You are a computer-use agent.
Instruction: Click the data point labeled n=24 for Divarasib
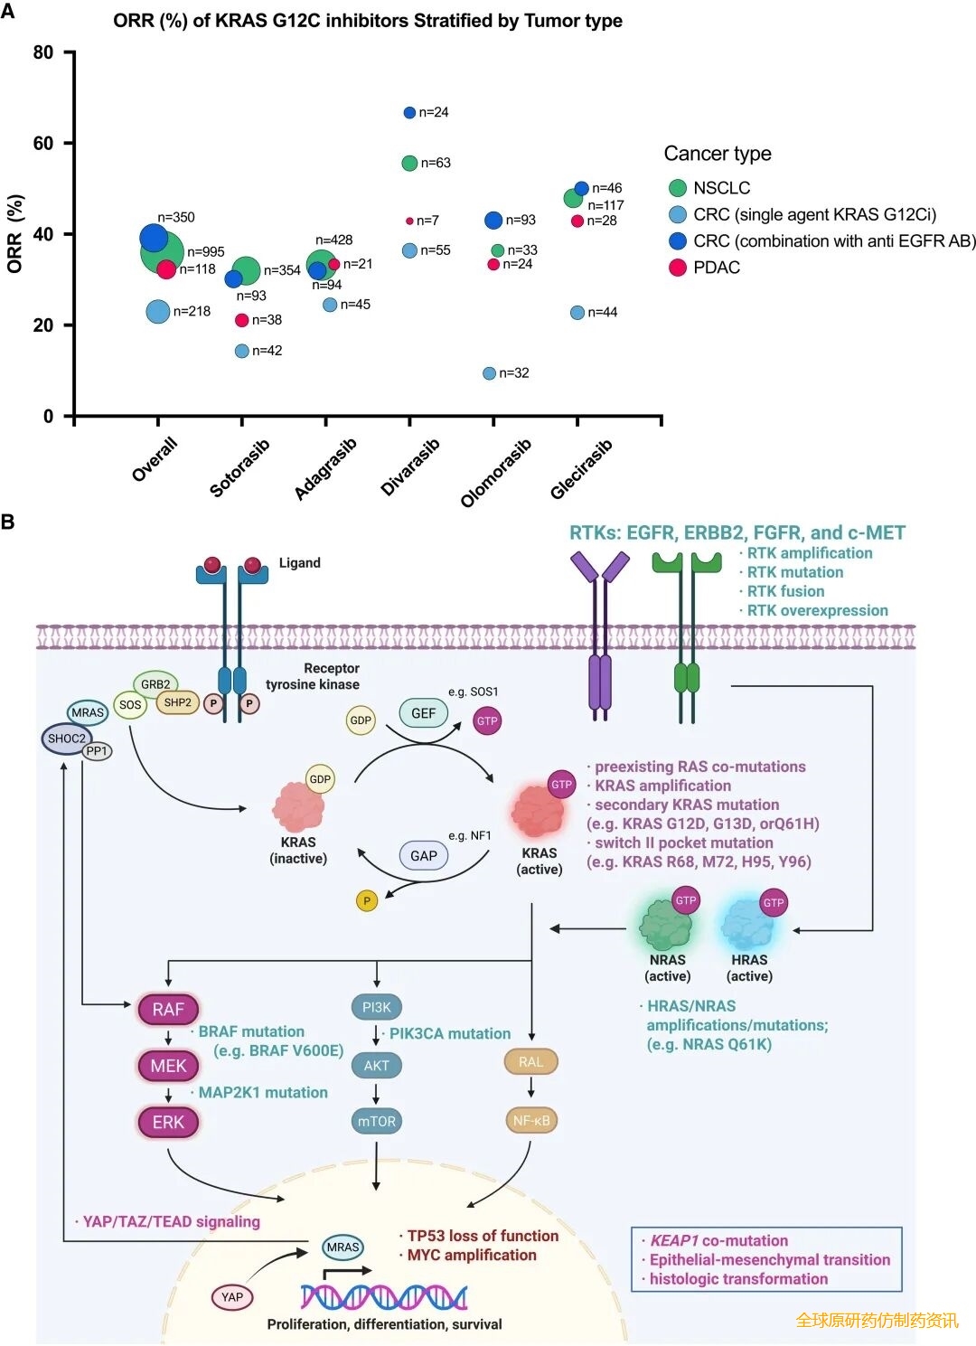(x=409, y=113)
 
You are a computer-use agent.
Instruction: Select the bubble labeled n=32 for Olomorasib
(x=489, y=373)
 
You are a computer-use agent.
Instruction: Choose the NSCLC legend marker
(x=678, y=188)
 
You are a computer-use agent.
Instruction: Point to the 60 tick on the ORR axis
(x=43, y=143)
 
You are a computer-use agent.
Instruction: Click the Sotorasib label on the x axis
(x=239, y=468)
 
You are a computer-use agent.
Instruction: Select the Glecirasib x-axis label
(x=581, y=469)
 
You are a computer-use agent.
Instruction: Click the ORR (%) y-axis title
(x=14, y=234)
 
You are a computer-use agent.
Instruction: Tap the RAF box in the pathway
(x=168, y=1010)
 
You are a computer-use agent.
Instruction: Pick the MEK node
(x=168, y=1066)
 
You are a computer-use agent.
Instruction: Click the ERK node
(x=168, y=1122)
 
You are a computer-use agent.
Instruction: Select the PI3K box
(x=376, y=1007)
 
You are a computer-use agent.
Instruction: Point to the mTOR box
(x=376, y=1121)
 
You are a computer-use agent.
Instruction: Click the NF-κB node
(x=531, y=1120)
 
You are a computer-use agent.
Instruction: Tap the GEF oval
(x=423, y=713)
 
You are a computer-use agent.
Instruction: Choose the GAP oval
(x=423, y=855)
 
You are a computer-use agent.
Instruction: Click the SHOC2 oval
(x=66, y=739)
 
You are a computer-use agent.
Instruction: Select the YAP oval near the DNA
(x=232, y=1297)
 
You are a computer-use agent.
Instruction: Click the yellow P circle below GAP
(x=367, y=900)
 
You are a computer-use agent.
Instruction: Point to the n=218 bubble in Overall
(x=158, y=312)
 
